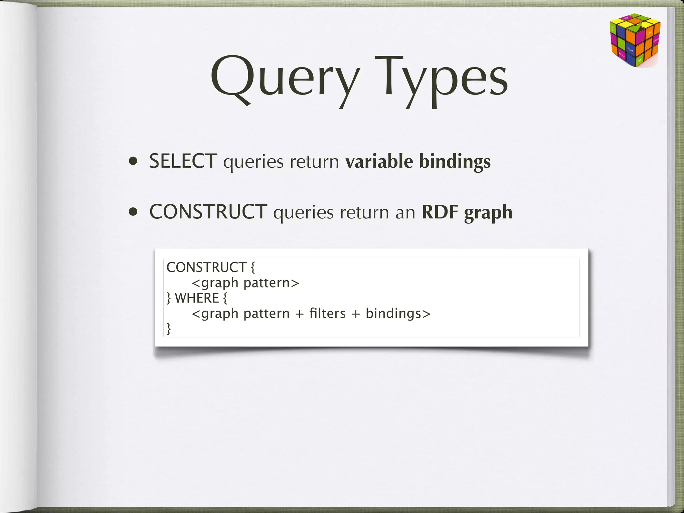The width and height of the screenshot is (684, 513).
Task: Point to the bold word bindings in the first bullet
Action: coord(455,162)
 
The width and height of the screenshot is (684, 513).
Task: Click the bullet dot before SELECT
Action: coord(134,162)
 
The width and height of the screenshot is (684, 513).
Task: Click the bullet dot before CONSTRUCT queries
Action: coord(134,212)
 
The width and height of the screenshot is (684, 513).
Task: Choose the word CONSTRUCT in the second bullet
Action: coord(208,212)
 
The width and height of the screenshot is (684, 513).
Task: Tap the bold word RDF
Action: coord(440,212)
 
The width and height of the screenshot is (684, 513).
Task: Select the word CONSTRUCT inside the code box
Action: coord(206,267)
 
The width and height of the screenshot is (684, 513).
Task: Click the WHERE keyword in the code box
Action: coord(197,298)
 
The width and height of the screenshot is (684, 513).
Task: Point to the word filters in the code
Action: coord(327,313)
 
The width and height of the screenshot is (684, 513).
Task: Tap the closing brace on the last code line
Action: coord(169,329)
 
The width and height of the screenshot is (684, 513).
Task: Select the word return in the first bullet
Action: coord(314,162)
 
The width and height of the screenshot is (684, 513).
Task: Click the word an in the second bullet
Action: coord(405,212)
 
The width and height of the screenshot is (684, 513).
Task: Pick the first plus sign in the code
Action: coord(299,314)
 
